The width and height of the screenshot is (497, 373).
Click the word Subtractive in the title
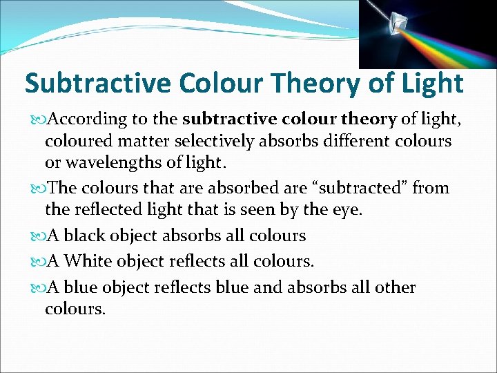point(97,84)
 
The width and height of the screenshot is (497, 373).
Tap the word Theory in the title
point(305,84)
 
